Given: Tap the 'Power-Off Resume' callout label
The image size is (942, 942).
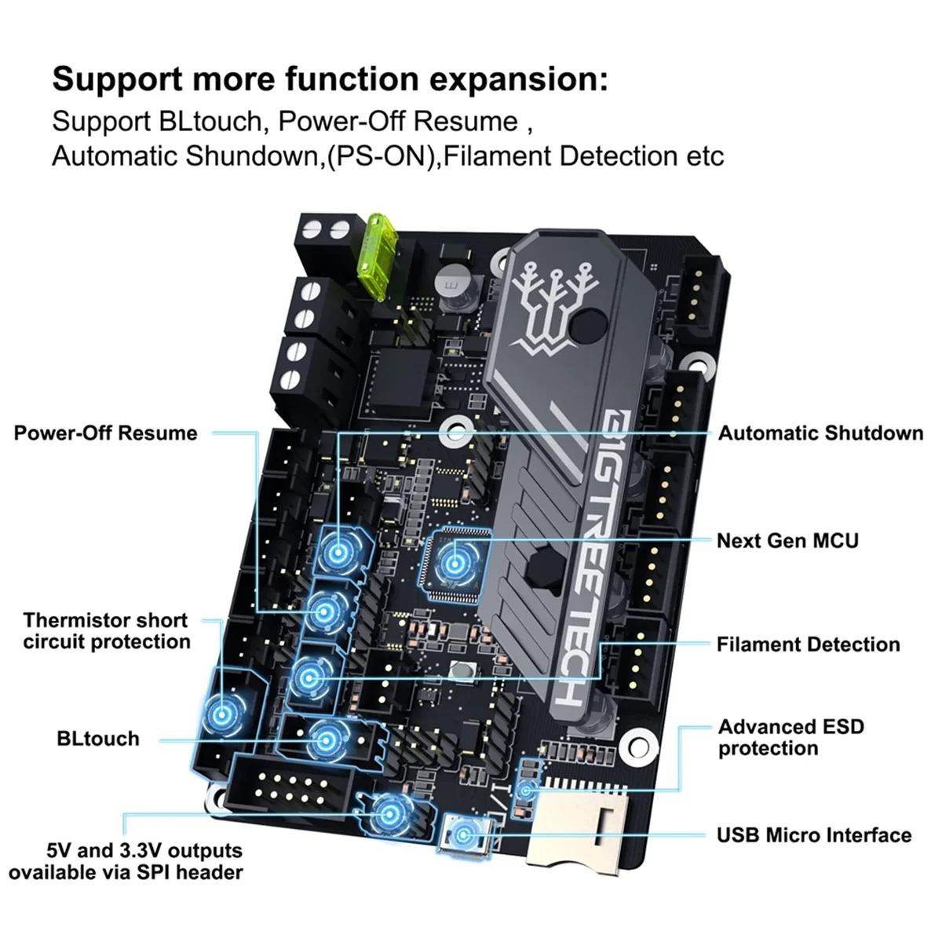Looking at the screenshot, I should pos(105,433).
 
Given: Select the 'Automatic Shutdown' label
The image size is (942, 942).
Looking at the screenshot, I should pos(820,433).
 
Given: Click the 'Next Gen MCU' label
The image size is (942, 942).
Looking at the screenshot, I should pos(787,541).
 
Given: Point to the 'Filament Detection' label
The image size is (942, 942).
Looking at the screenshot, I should pos(808,644).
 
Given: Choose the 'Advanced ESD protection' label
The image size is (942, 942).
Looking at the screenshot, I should pos(790,738).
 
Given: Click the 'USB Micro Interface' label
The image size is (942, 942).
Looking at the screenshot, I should pos(813,835).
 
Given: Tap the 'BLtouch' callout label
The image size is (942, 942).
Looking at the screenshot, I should pos(98,739).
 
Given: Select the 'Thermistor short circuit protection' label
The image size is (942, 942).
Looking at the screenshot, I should pos(106,631).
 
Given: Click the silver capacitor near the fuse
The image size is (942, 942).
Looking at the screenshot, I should pos(452,281).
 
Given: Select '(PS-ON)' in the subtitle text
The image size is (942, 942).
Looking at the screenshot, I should pos(381,155).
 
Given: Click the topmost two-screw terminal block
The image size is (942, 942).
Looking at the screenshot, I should pos(323,232).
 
